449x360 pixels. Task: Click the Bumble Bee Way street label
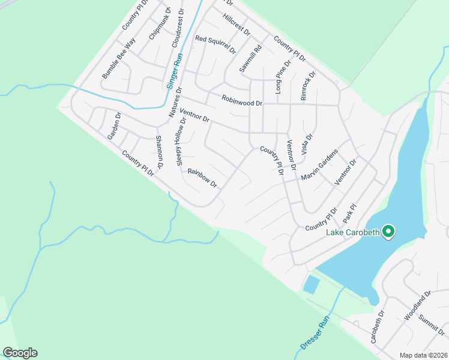119,58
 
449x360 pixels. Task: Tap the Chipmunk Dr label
160,24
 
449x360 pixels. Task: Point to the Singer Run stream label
173,71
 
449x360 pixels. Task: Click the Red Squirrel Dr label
215,45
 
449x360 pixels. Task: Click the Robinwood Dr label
242,102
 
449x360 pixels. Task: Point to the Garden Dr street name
114,127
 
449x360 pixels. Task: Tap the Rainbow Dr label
201,178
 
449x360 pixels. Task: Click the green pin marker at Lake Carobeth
388,231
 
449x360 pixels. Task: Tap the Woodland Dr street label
418,306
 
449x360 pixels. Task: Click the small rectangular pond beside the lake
311,284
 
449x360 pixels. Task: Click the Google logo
20,353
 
